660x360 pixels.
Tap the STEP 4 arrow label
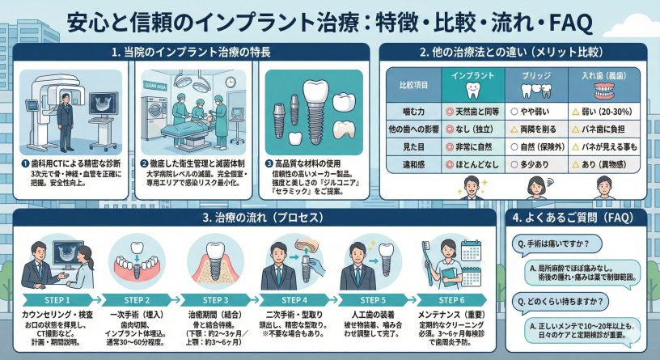pyautogui.click(x=294, y=299)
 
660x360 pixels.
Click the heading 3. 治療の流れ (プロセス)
pyautogui.click(x=253, y=218)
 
